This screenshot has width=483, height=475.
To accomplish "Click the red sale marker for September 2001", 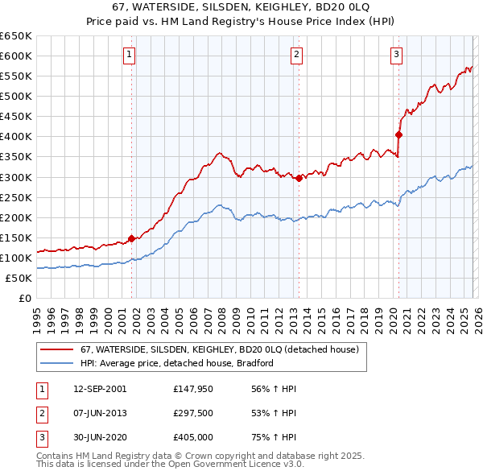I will pos(131,238).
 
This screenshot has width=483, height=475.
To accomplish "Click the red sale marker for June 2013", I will pos(299,178).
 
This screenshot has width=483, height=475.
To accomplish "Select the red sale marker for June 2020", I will pos(398,134).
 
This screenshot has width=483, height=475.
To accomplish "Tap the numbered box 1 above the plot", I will pos(130,55).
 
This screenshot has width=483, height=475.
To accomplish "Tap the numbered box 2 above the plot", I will pos(297,55).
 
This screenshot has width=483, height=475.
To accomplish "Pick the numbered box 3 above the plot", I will pos(397,55).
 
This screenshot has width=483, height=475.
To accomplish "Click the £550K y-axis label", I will pos(16,76).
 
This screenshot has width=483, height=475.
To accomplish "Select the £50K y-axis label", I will pos(19,278).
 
